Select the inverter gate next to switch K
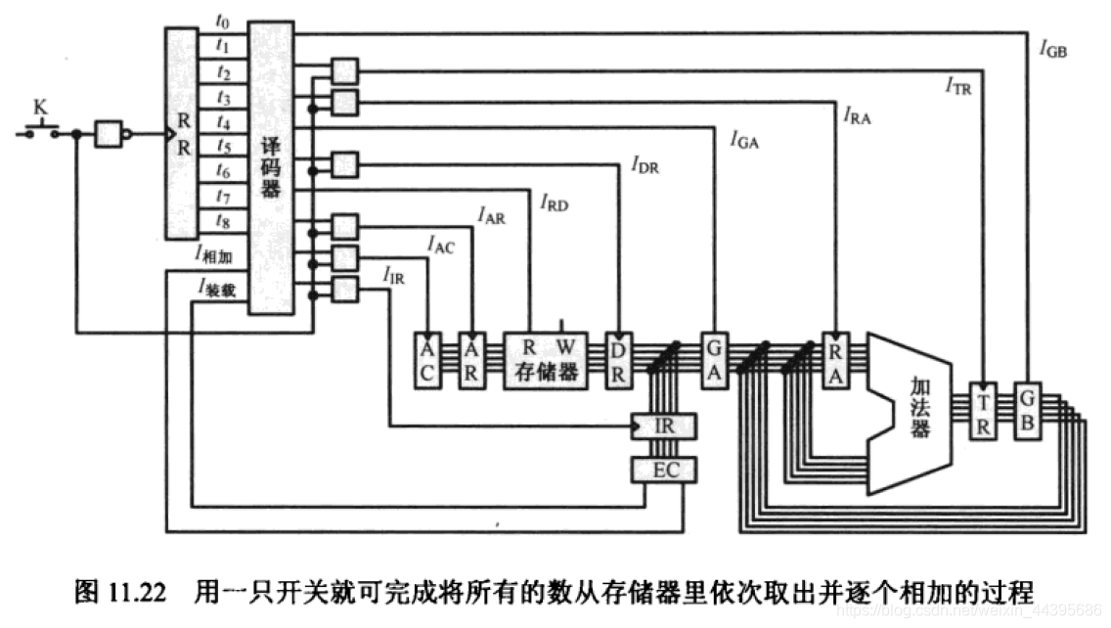111,134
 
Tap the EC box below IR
665,471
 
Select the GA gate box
715,360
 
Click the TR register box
982,410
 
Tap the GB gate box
1026,410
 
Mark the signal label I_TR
958,87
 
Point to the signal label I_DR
645,164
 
